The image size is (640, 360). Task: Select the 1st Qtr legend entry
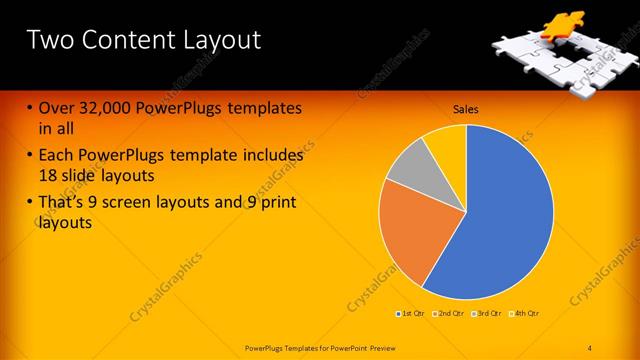(x=411, y=314)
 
